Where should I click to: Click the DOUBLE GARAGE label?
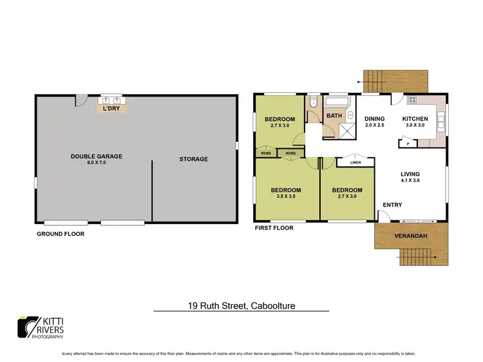(97, 156)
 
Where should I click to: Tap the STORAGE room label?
(194, 159)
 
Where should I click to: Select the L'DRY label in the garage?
(111, 108)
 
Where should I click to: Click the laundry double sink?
(111, 100)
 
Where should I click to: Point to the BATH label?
(334, 116)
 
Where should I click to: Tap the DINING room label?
(374, 119)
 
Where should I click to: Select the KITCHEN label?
(415, 119)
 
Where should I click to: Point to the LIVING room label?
(410, 174)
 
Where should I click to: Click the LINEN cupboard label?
(355, 162)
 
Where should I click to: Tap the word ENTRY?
(392, 205)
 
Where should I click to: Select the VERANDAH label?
(410, 236)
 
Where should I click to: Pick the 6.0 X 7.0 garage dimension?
(97, 163)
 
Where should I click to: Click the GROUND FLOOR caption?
(61, 234)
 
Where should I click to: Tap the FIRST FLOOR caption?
(274, 228)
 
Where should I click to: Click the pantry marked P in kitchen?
(408, 144)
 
